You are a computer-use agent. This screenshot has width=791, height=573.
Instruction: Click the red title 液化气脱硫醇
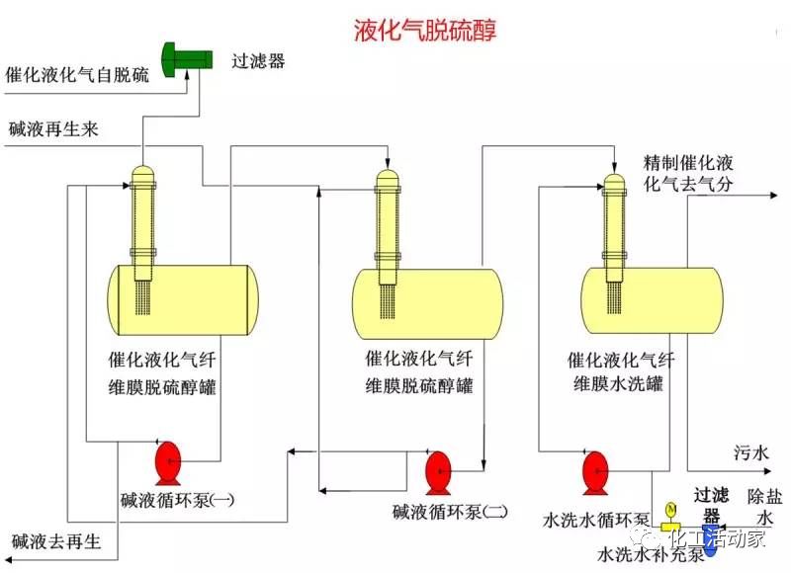(425, 31)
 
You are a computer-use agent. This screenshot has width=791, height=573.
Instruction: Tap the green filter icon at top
(186, 57)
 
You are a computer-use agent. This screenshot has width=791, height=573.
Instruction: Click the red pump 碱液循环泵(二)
(437, 469)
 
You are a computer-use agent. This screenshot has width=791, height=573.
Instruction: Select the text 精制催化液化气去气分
(688, 173)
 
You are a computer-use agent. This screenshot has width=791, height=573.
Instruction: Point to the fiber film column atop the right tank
(615, 222)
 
